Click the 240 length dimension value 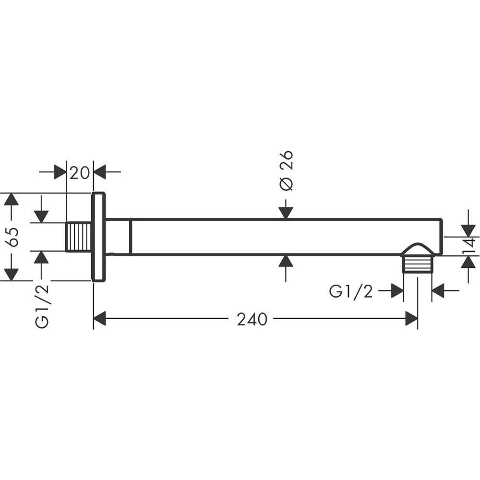click(252, 319)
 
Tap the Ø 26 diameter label click(286, 170)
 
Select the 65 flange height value click(13, 237)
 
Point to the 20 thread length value click(80, 172)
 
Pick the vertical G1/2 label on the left click(42, 305)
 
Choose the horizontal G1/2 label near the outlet click(351, 291)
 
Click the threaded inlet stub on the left click(78, 237)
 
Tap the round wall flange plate click(98, 237)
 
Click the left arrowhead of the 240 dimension click(99, 318)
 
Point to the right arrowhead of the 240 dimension click(411, 318)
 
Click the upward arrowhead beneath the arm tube click(286, 261)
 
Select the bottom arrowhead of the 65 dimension click(11, 275)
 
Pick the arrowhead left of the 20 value click(60, 171)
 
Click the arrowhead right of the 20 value click(99, 171)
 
